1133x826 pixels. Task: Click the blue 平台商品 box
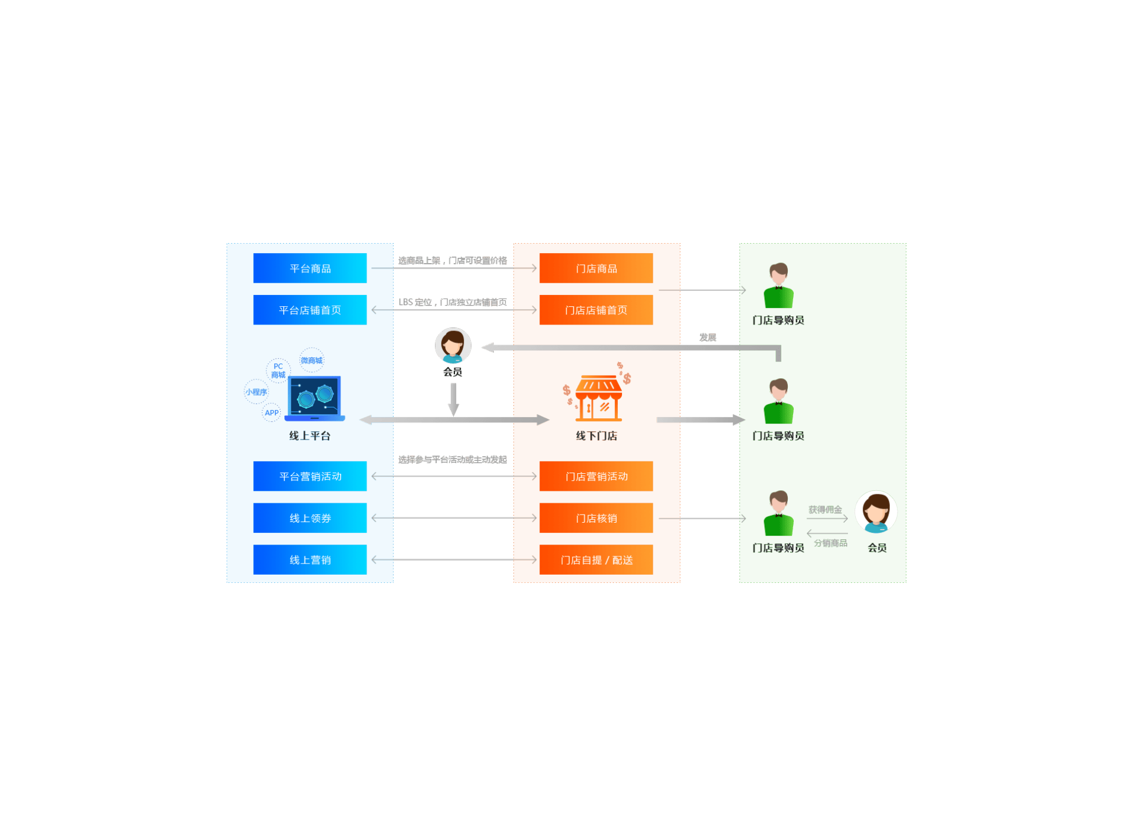point(310,268)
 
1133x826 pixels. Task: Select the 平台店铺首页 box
point(310,310)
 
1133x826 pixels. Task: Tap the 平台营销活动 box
point(310,476)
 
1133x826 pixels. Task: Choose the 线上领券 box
point(310,518)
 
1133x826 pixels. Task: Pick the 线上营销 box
point(310,559)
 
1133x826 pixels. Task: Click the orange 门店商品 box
point(596,268)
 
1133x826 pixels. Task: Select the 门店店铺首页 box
point(596,310)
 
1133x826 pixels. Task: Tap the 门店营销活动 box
point(596,476)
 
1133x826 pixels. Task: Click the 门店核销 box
point(596,518)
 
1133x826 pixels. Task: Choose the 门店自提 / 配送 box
point(596,559)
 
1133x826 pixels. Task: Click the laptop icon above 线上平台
point(314,399)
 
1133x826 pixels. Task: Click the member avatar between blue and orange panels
point(453,346)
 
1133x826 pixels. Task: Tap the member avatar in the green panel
point(876,512)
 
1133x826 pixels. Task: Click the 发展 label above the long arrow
point(708,337)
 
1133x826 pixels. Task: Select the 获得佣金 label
point(824,510)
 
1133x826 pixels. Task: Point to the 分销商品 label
point(830,543)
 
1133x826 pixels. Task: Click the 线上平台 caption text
point(310,436)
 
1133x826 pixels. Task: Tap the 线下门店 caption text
point(596,436)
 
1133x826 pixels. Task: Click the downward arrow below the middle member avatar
point(453,399)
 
